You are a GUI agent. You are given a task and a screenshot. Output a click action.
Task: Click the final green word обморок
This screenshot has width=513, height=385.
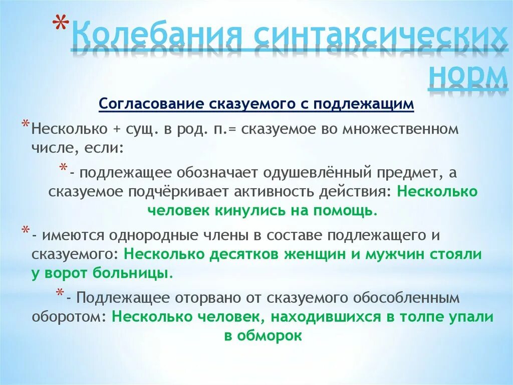tap(271, 336)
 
